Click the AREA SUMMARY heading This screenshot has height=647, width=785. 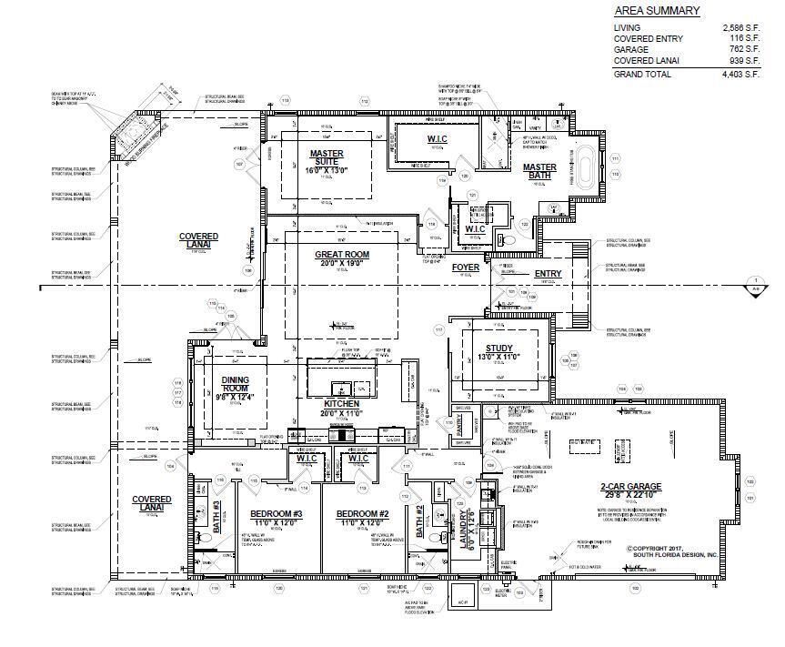tap(657, 11)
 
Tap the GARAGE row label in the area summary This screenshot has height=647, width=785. tap(632, 51)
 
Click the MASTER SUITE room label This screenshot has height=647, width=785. tap(326, 158)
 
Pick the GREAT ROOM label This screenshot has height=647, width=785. tap(341, 255)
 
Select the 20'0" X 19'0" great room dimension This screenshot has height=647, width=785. tap(340, 264)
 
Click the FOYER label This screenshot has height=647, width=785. tap(466, 268)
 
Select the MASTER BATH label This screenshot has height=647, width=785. tap(538, 171)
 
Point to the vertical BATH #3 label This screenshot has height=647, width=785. tap(217, 519)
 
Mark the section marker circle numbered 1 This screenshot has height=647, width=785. tap(754, 282)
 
